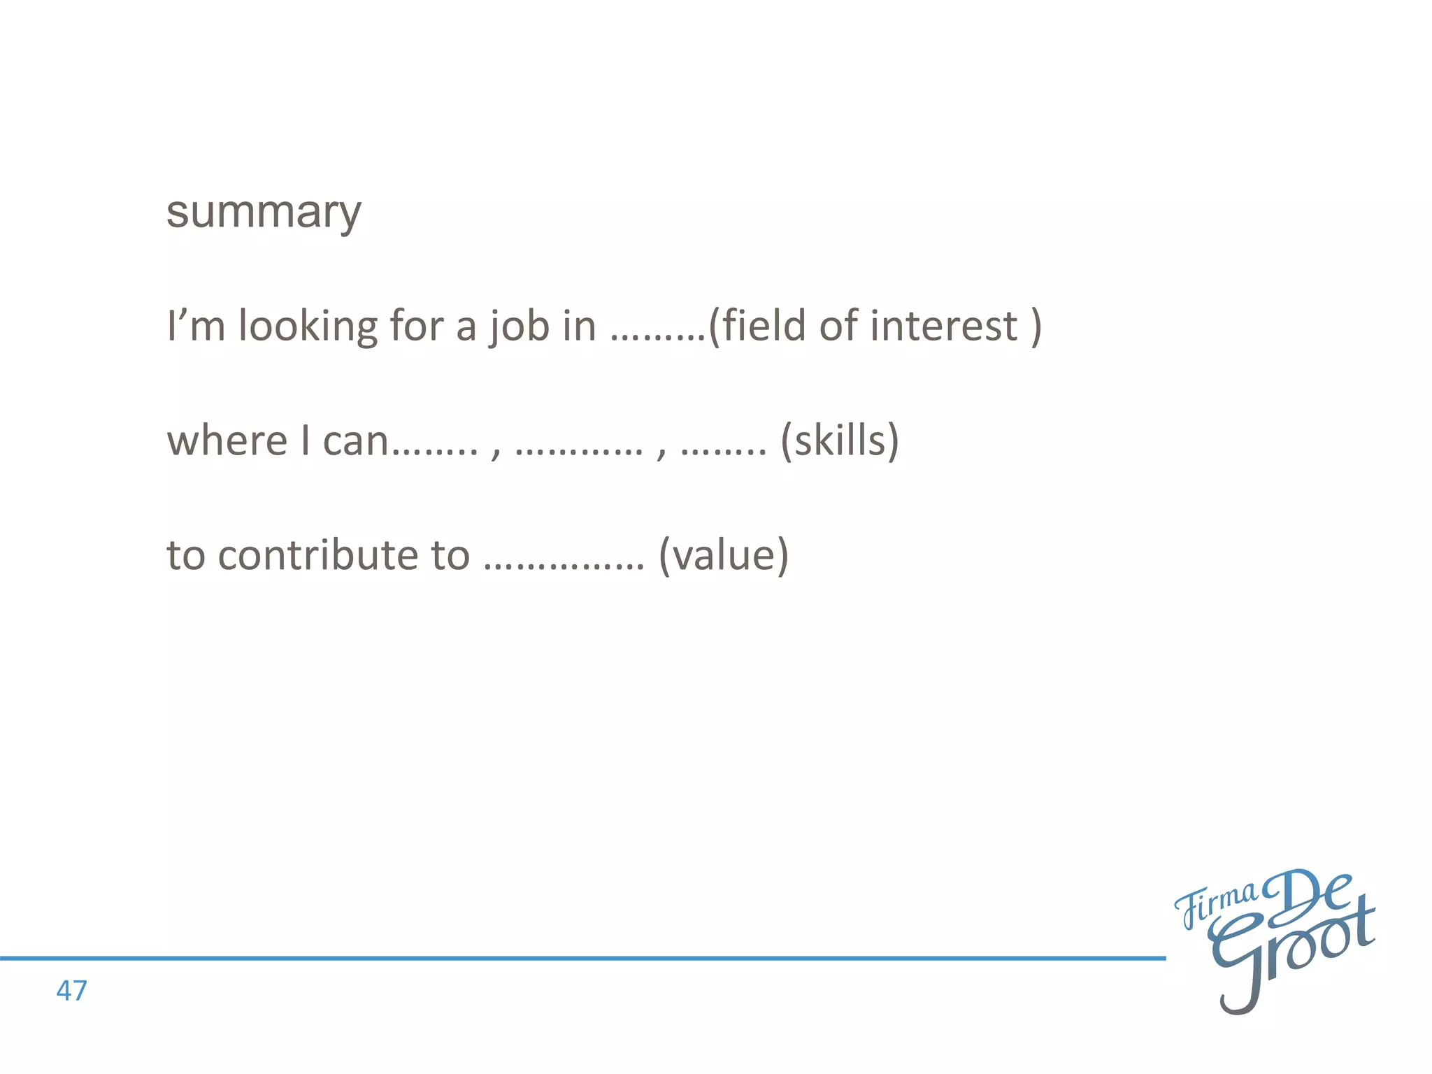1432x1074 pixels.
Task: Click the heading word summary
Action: click(x=264, y=212)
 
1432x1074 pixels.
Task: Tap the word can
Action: click(x=355, y=442)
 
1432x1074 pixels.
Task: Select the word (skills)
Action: click(x=839, y=441)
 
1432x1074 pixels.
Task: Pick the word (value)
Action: click(x=724, y=555)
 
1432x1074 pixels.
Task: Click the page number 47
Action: click(x=71, y=991)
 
